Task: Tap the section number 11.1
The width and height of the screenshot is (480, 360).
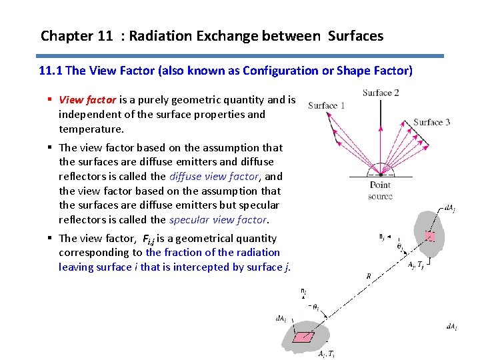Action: (x=50, y=71)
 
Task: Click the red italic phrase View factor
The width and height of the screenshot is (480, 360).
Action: (x=88, y=100)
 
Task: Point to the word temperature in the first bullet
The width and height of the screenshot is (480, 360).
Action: (x=91, y=129)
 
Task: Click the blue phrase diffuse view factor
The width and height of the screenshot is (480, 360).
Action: (x=213, y=177)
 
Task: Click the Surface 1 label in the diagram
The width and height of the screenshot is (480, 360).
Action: (x=327, y=105)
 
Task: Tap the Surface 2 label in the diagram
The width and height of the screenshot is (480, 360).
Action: (x=381, y=93)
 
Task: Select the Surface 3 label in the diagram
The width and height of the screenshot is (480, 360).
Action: (x=431, y=122)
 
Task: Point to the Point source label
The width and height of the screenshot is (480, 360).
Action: (x=380, y=190)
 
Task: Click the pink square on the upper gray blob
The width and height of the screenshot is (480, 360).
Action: (x=430, y=237)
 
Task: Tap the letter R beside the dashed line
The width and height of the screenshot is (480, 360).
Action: (x=369, y=275)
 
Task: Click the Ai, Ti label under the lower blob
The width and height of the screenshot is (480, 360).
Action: (x=326, y=353)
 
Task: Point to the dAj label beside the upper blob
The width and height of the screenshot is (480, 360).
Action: (x=449, y=209)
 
